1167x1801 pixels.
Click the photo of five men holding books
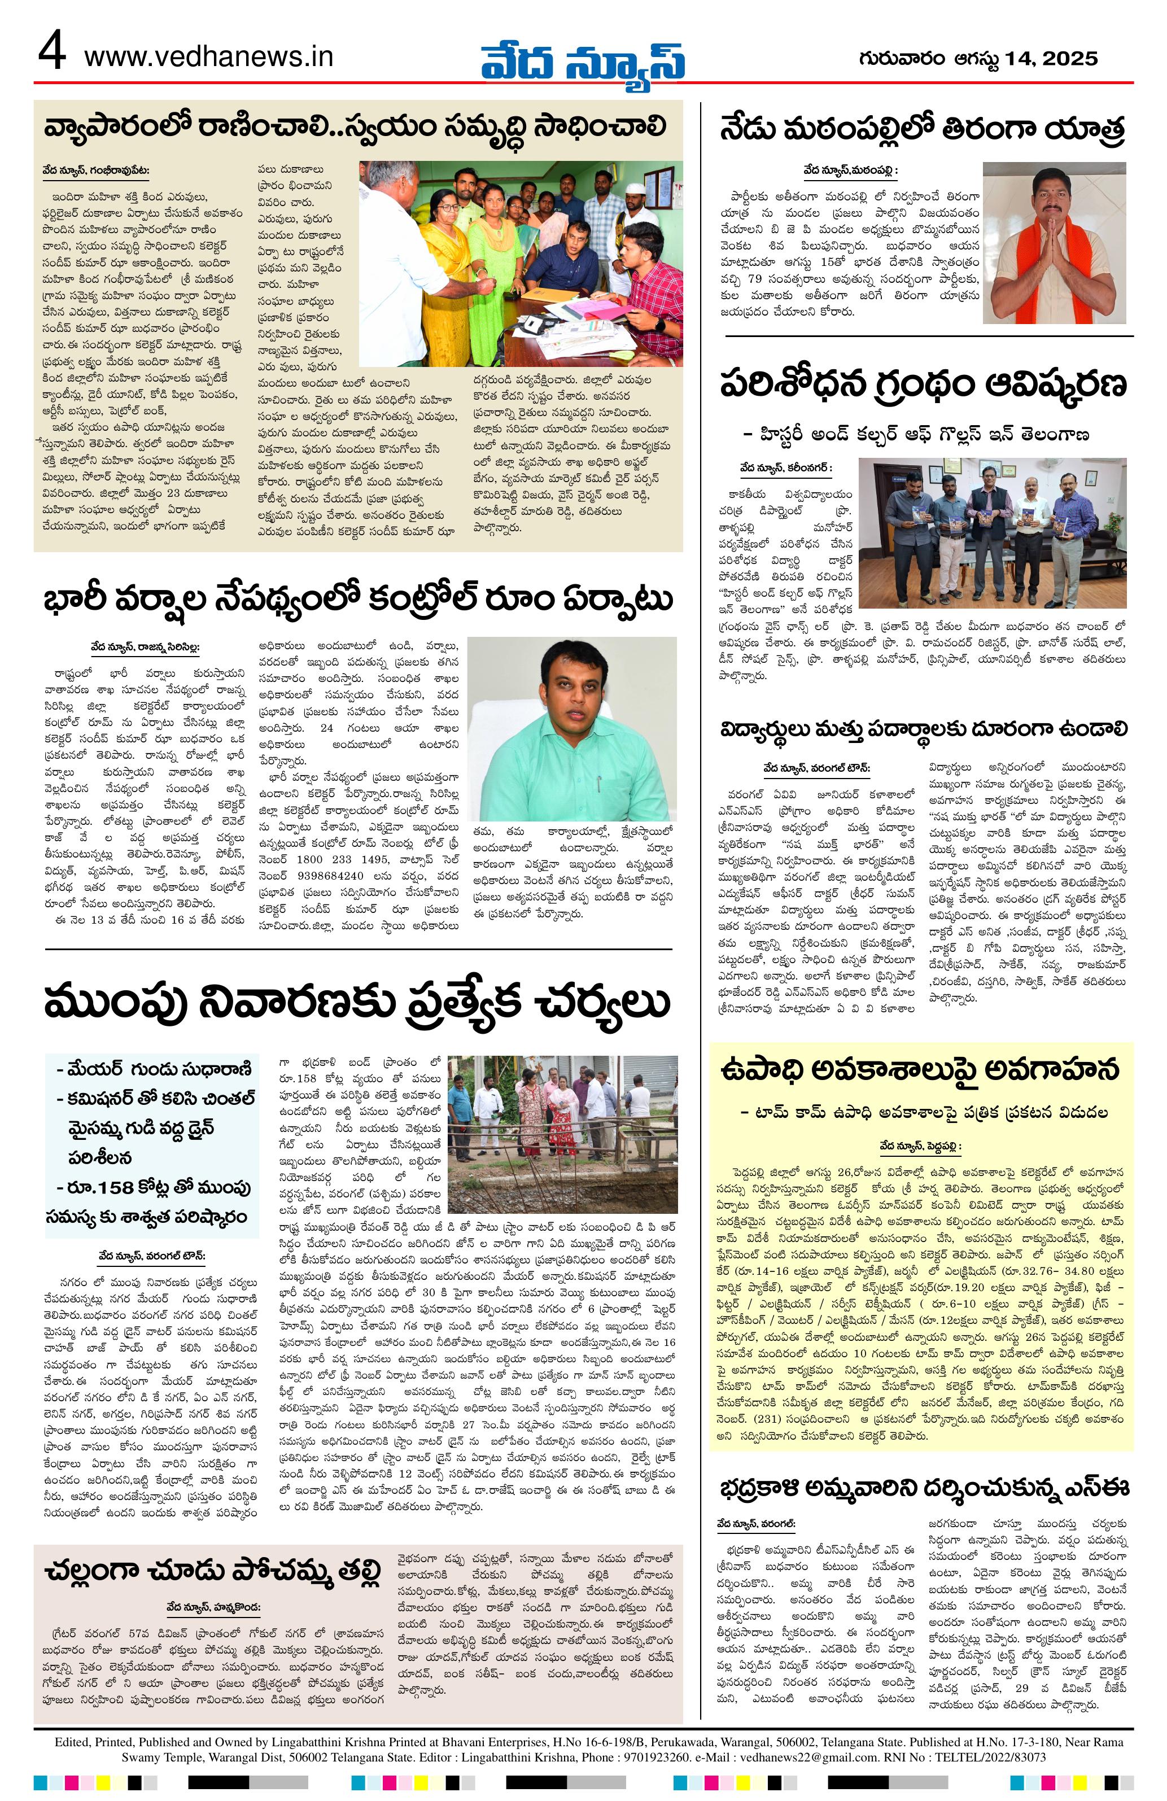992,522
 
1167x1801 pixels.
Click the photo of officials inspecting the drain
562,1133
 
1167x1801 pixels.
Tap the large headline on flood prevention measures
356,1003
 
